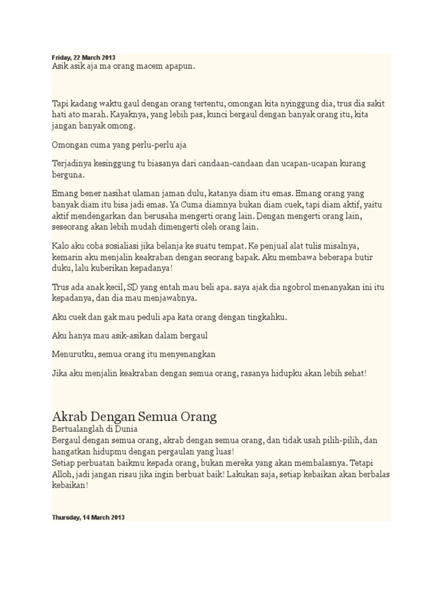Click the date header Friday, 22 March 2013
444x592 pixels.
pos(83,58)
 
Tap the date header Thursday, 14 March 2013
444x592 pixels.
pos(88,517)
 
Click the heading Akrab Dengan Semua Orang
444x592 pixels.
pos(134,416)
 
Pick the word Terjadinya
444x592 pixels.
pos(73,164)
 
